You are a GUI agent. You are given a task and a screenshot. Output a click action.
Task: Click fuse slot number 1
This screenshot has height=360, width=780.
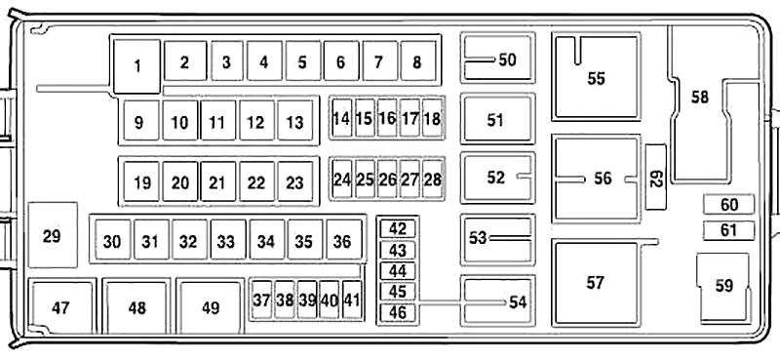coord(136,66)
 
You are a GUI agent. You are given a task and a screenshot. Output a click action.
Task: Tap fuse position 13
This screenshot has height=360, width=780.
coord(295,121)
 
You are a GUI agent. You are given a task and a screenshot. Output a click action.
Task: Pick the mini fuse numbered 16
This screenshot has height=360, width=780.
coord(387,118)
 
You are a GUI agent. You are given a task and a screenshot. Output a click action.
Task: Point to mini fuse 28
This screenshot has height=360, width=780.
coord(432,180)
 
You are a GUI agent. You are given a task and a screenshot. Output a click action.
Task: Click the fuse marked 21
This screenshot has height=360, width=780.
coord(218,181)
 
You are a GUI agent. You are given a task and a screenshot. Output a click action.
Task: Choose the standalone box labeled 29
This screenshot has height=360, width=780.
coord(53,235)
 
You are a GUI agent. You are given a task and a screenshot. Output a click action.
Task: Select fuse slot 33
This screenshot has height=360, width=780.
coord(228,240)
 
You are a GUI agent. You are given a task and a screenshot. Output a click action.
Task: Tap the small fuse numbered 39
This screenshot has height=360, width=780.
coord(307,300)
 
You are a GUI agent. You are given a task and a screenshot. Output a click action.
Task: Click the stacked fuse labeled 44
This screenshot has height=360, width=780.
coord(397,271)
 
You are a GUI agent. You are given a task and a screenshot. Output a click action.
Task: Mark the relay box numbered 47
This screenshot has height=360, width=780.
coord(60,307)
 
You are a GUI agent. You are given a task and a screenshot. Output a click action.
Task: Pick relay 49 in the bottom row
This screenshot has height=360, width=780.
coord(211,307)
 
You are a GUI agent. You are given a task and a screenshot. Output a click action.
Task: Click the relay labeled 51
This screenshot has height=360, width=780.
coord(497,119)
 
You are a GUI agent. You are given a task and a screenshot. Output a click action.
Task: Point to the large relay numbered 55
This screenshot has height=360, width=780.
coord(596,77)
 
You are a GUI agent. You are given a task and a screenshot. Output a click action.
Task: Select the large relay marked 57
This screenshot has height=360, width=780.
coord(596,282)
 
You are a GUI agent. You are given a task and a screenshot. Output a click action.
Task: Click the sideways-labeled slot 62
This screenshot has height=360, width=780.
coord(655,178)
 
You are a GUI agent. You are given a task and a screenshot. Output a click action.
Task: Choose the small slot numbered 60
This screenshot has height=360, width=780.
coord(728,204)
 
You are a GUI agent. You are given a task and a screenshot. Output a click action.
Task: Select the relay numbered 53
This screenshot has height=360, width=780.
coord(497,239)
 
